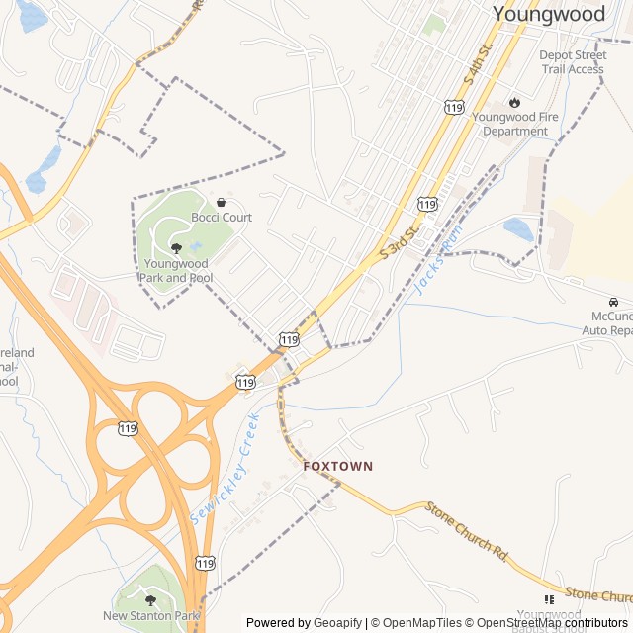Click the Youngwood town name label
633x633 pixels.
click(548, 14)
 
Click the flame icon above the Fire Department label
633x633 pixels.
click(514, 102)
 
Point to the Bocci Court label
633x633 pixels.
click(222, 218)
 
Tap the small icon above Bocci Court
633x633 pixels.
click(221, 202)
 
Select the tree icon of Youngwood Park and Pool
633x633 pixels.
click(176, 248)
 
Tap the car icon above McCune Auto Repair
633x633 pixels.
click(613, 302)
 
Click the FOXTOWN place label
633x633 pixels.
click(338, 466)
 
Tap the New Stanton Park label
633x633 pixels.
click(150, 616)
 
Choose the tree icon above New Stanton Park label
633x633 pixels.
click(150, 599)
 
